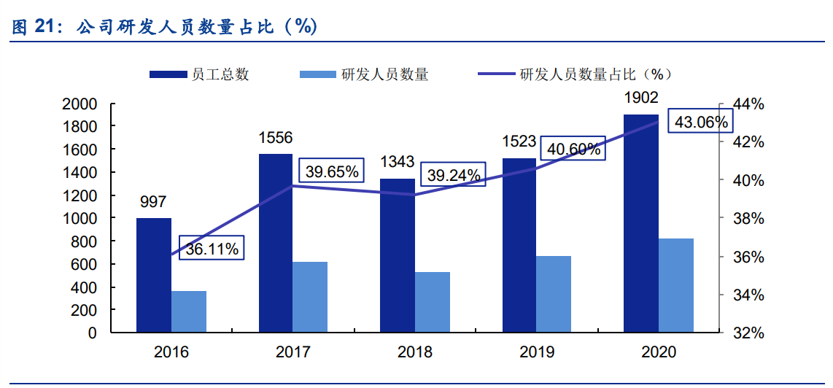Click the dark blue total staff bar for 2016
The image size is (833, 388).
[x=154, y=275]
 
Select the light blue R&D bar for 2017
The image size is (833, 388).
[x=310, y=297]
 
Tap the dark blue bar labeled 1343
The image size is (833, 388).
[x=397, y=255]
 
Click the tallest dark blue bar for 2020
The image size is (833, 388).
[x=640, y=223]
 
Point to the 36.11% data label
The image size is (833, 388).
[x=212, y=249]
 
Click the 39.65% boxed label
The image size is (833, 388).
[x=332, y=172]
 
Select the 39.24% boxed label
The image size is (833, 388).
[x=454, y=175]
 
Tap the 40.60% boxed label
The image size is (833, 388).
[x=574, y=150]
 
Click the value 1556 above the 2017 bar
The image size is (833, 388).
[x=276, y=137]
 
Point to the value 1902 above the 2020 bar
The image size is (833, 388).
[x=640, y=98]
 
